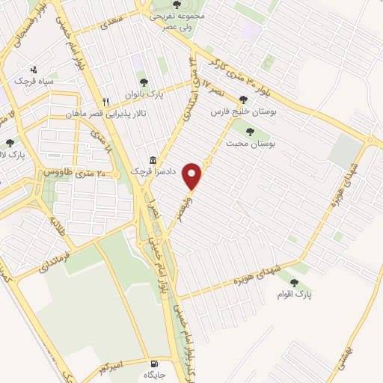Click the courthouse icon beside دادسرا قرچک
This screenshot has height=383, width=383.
pyautogui.click(x=153, y=161)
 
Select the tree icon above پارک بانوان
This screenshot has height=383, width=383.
pyautogui.click(x=142, y=82)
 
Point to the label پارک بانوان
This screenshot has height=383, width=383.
pyautogui.click(x=142, y=94)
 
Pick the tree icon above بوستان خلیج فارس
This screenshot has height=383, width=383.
pyautogui.click(x=242, y=99)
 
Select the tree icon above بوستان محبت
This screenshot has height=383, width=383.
pyautogui.click(x=249, y=131)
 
